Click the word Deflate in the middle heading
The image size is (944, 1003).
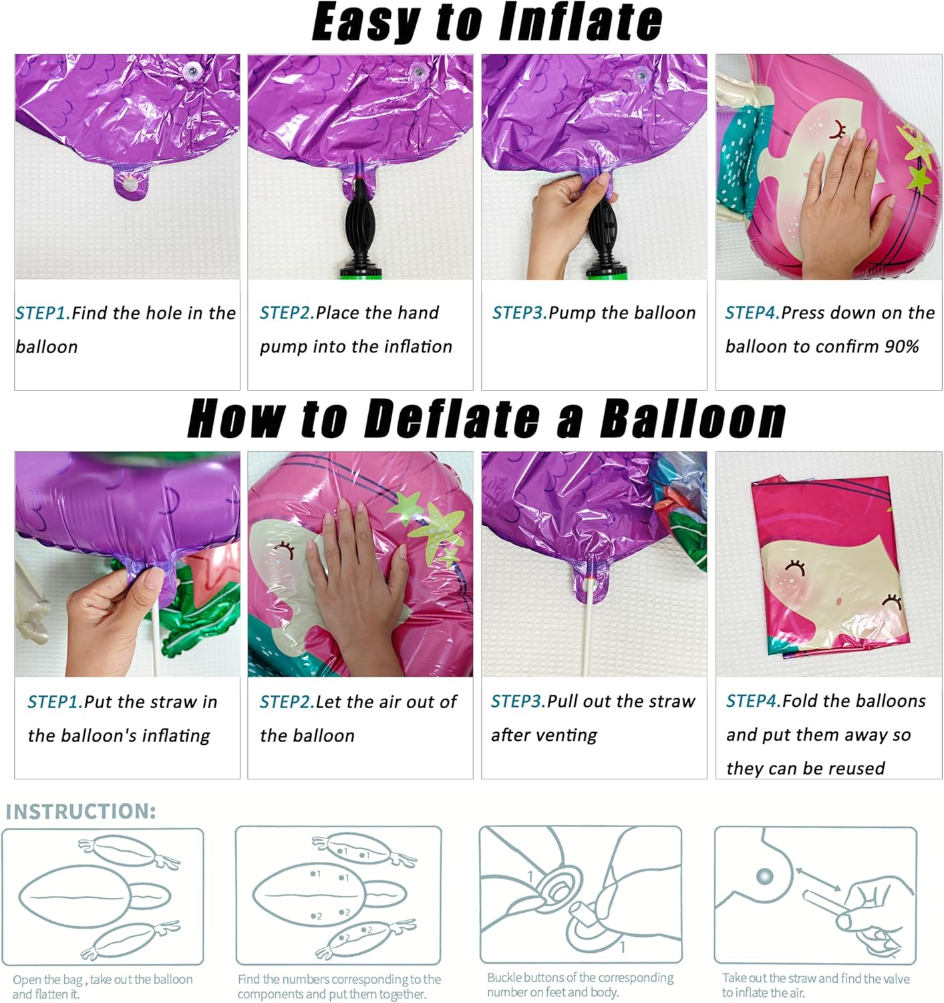pos(452,419)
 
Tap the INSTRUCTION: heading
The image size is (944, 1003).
pos(81,811)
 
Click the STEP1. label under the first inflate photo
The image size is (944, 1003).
pos(42,313)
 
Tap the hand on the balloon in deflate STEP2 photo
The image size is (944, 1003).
pos(354,568)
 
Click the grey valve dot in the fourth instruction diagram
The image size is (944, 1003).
pos(764,876)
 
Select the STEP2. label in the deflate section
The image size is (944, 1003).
pos(287,702)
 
